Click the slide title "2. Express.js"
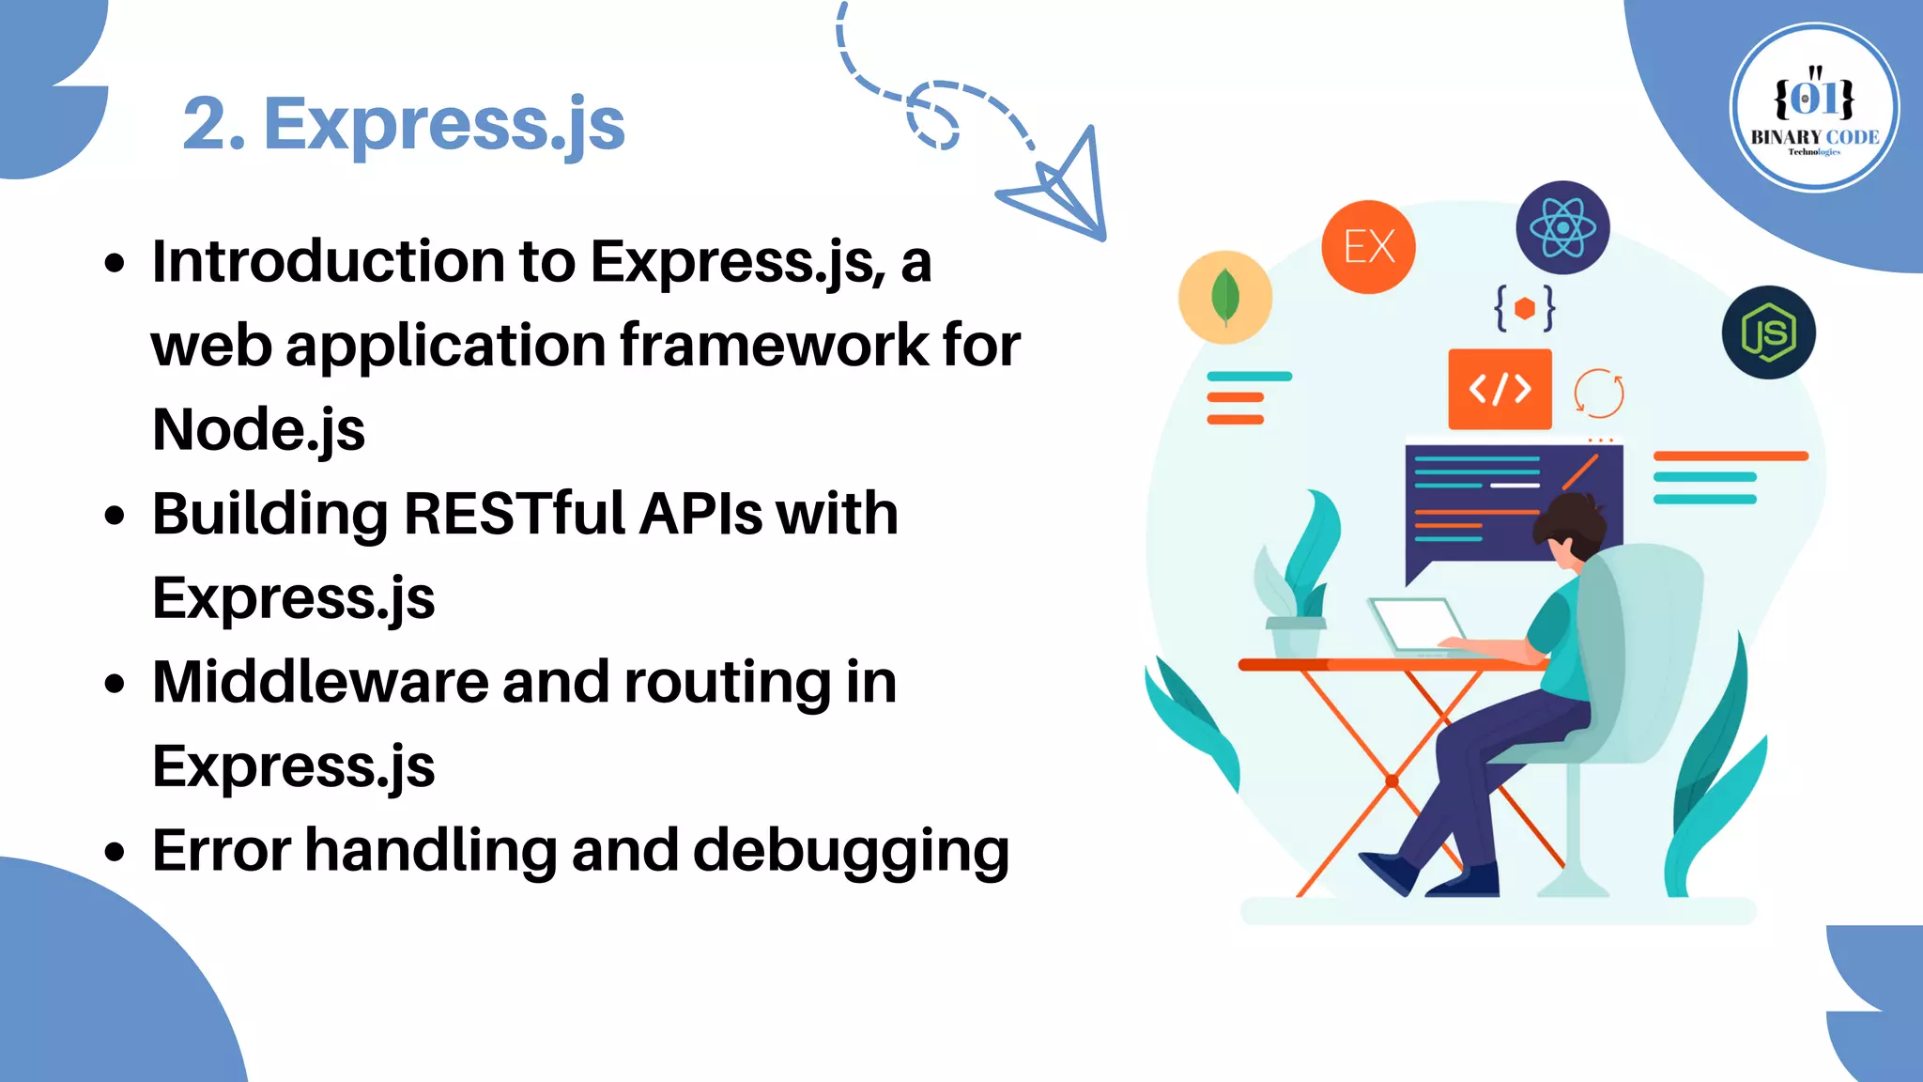tap(404, 124)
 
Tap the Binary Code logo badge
tap(1814, 108)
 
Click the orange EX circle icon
tap(1368, 247)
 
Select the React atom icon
tap(1562, 227)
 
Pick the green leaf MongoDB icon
tap(1225, 297)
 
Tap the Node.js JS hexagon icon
tap(1768, 332)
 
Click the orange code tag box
tap(1500, 389)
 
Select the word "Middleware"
tap(320, 682)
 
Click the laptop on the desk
tap(1415, 625)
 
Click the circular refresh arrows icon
tap(1598, 393)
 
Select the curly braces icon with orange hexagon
tap(1524, 307)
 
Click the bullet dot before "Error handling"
tap(115, 852)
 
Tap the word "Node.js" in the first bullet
tap(258, 430)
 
